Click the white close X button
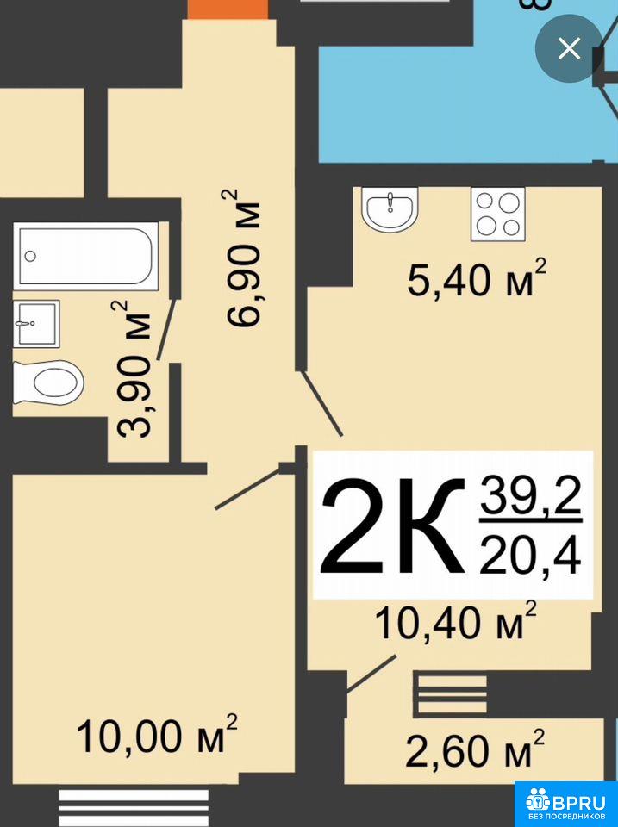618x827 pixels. (569, 49)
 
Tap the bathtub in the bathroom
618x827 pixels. (86, 256)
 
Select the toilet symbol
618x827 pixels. (48, 382)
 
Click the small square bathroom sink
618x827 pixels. (36, 324)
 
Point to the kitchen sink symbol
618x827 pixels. (390, 208)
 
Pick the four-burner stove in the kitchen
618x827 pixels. (498, 214)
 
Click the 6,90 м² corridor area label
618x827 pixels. (243, 258)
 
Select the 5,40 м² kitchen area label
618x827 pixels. (476, 278)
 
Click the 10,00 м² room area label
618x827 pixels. (157, 734)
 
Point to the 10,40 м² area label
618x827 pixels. (455, 620)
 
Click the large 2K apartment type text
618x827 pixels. (393, 525)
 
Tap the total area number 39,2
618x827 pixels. (530, 496)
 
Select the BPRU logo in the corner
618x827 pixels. (566, 804)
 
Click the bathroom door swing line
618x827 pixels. (166, 331)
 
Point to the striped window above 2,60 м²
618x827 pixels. (450, 693)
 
